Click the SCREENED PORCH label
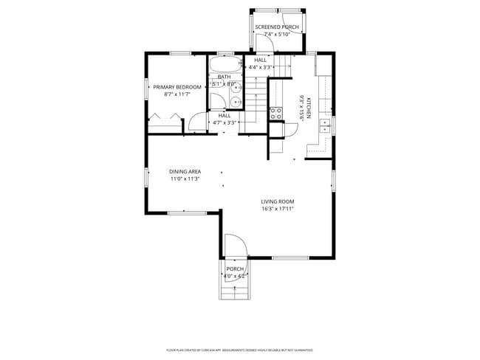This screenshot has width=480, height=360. point(277,27)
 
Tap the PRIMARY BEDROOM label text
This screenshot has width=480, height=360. point(176,87)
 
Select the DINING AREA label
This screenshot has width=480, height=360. point(185,171)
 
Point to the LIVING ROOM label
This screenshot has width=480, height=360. point(278,201)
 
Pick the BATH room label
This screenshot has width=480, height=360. point(224,77)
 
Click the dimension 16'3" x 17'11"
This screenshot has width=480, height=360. point(278,209)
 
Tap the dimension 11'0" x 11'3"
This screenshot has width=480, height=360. point(185,179)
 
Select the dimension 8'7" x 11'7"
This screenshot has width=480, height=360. point(176,94)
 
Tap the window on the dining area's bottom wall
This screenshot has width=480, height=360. point(181,212)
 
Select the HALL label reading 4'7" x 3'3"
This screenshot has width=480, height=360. point(224,119)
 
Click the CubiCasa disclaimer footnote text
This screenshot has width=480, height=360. point(239,350)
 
